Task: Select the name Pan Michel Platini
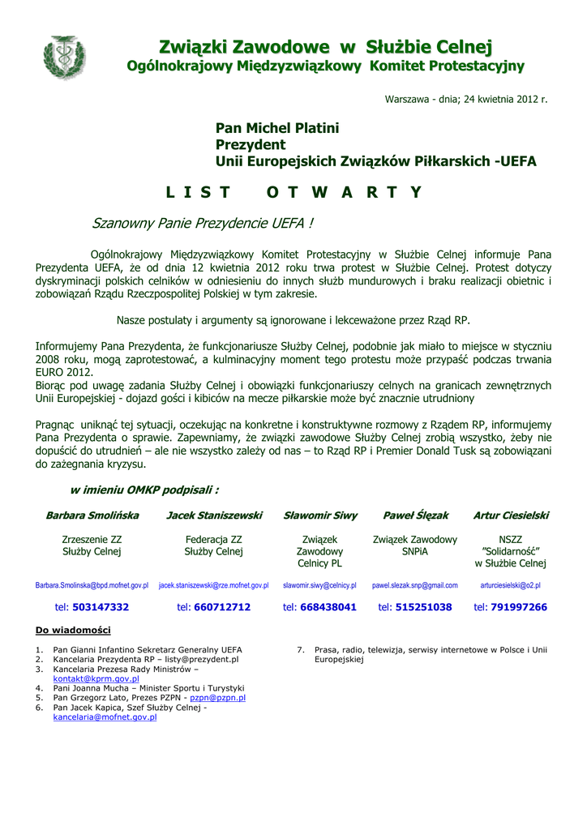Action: pyautogui.click(x=277, y=128)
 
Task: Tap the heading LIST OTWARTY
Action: pyautogui.click(x=293, y=192)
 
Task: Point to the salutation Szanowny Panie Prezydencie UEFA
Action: pyautogui.click(x=203, y=222)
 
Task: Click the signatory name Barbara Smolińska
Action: pyautogui.click(x=92, y=516)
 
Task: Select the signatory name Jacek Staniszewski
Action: pyautogui.click(x=214, y=516)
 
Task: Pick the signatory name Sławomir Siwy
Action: pyautogui.click(x=319, y=516)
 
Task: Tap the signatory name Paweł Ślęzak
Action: pyautogui.click(x=415, y=516)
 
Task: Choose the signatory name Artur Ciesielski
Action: pyautogui.click(x=511, y=516)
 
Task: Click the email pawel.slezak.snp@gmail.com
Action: pyautogui.click(x=415, y=585)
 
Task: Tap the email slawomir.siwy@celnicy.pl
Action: pyautogui.click(x=319, y=585)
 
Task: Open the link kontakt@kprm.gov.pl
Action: pyautogui.click(x=96, y=679)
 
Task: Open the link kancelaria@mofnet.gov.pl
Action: pyautogui.click(x=105, y=717)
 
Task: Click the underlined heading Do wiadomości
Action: pyautogui.click(x=73, y=630)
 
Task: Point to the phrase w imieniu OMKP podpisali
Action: pyautogui.click(x=144, y=490)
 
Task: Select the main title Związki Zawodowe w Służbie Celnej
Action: pyautogui.click(x=325, y=47)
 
